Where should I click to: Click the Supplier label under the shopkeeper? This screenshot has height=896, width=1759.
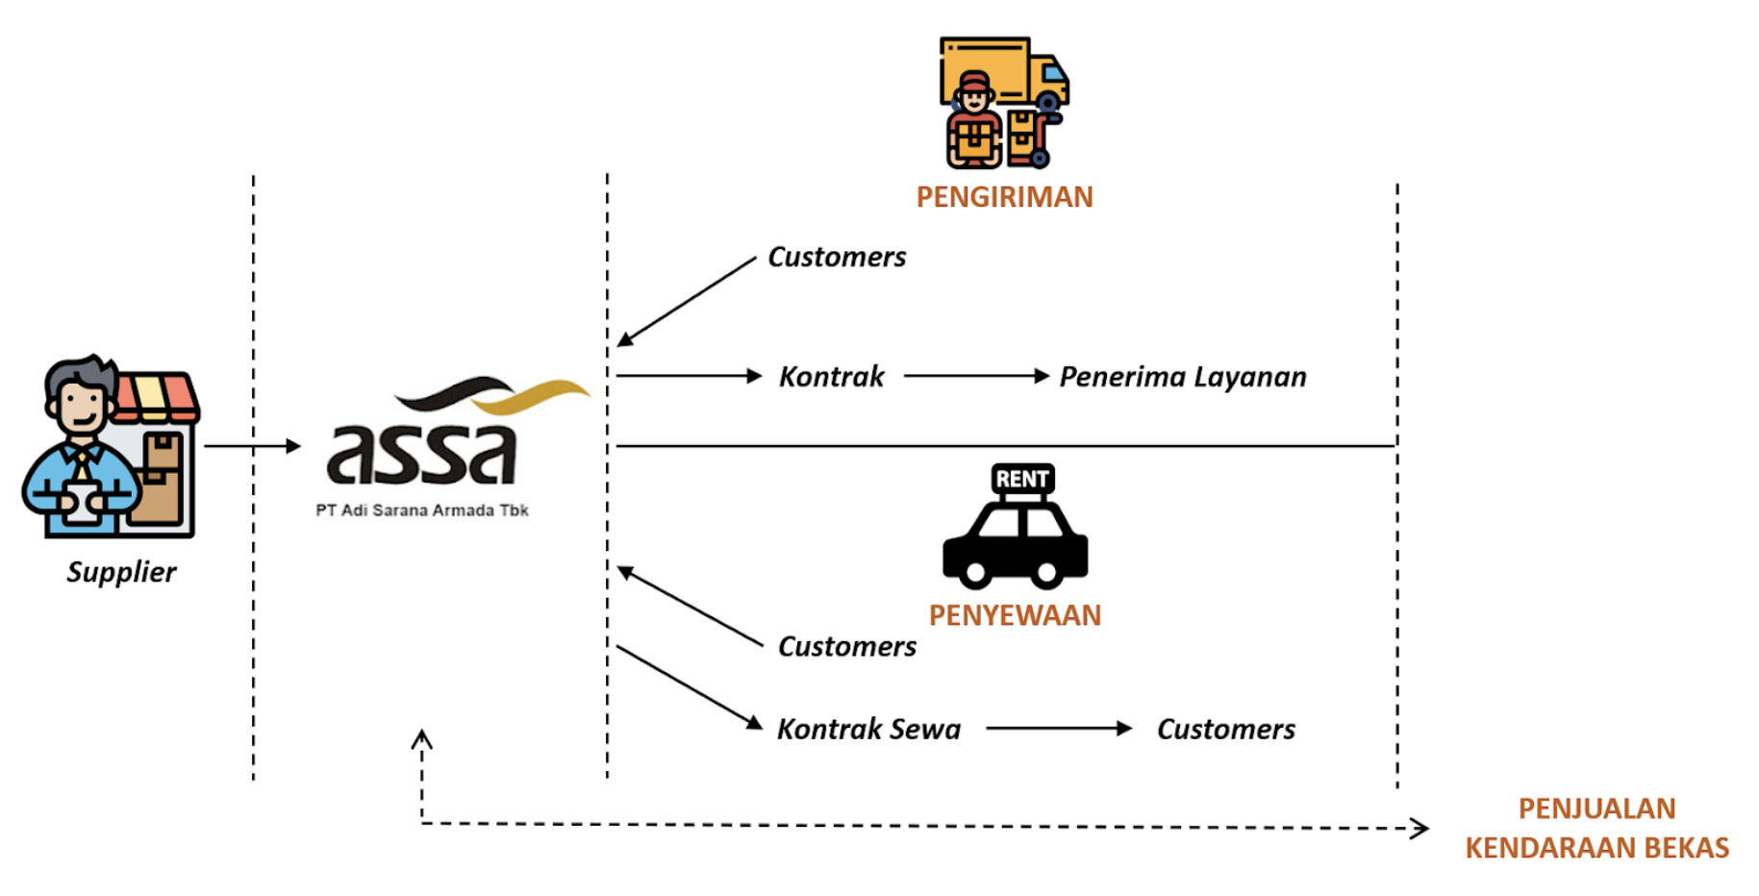tap(121, 572)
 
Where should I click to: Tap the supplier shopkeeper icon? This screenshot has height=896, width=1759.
tap(110, 447)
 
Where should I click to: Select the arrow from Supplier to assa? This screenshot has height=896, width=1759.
tap(252, 446)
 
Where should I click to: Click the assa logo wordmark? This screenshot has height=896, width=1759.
tap(422, 454)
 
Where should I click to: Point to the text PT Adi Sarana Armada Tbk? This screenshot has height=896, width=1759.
tap(422, 510)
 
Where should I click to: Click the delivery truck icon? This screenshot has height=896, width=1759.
tap(1005, 101)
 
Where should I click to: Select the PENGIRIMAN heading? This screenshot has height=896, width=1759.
tap(1004, 197)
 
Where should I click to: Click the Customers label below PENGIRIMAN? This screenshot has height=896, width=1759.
tap(837, 258)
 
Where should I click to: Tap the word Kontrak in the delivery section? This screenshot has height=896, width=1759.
tap(831, 377)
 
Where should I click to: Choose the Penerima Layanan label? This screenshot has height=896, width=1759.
tap(1183, 377)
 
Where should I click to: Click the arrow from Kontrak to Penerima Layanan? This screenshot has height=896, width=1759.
tap(976, 376)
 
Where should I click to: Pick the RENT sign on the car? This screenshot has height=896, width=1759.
tap(1022, 479)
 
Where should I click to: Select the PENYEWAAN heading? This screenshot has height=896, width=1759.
tap(1015, 615)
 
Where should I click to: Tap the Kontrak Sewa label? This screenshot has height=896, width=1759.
tap(868, 730)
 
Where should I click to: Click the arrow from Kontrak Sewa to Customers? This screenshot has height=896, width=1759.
tap(1059, 729)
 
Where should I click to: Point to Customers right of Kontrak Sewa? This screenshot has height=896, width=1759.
tap(1226, 730)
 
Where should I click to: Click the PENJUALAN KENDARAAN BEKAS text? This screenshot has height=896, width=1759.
tap(1596, 829)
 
